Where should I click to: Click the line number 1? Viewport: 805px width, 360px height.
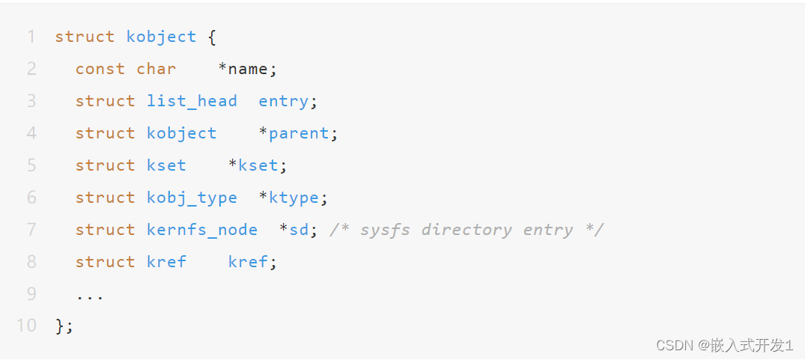[x=31, y=37]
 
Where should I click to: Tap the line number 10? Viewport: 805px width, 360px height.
[x=26, y=326]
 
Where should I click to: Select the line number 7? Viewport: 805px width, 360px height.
[x=31, y=229]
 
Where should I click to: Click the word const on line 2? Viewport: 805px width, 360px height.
[x=100, y=69]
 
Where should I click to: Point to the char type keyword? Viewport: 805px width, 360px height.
[x=156, y=69]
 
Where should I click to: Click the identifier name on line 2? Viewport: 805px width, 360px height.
[x=248, y=69]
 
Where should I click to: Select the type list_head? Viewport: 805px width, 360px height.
[x=192, y=101]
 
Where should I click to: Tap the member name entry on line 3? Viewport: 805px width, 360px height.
[x=283, y=101]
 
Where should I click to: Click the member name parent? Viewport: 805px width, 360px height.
[x=298, y=133]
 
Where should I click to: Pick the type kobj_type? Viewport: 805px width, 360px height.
[x=192, y=198]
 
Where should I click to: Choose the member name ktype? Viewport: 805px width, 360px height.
[x=294, y=198]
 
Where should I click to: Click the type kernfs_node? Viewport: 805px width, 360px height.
[x=202, y=229]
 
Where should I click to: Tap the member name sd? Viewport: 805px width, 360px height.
[x=299, y=229]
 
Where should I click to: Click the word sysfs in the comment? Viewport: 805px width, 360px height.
[x=385, y=229]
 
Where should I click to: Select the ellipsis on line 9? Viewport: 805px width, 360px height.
[x=90, y=294]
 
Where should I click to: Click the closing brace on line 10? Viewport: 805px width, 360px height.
[x=60, y=326]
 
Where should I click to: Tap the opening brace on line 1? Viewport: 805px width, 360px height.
[x=212, y=37]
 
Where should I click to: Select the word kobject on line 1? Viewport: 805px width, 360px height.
[x=161, y=37]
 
